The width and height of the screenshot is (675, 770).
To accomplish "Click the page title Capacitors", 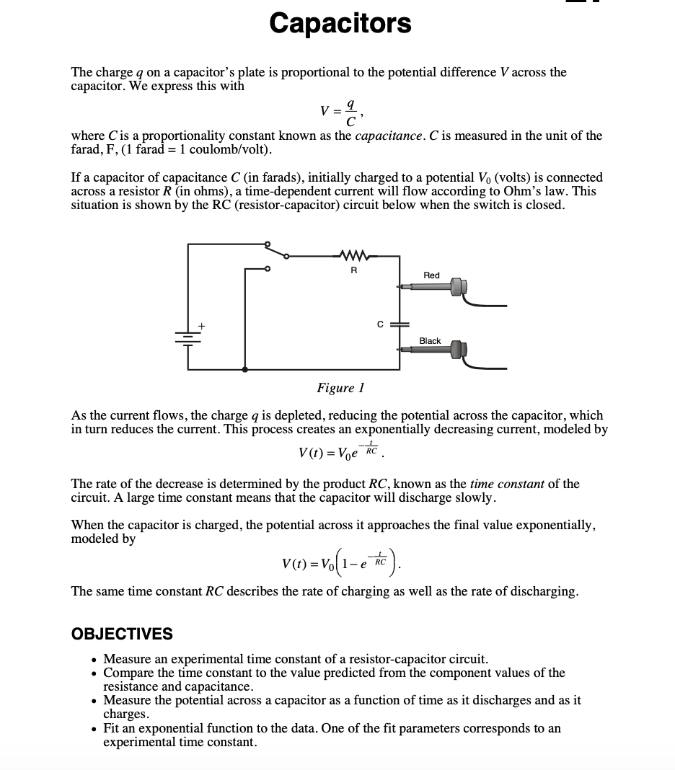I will pos(340,23).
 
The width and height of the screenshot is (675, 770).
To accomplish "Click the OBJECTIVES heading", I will pos(122,634).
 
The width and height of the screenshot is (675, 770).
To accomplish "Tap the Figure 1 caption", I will pos(340,388).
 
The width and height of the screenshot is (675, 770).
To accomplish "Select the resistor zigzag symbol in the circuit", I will pos(353,255).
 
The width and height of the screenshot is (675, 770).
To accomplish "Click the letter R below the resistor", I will pos(353,271).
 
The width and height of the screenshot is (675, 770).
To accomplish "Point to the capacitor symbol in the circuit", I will pos(400,324).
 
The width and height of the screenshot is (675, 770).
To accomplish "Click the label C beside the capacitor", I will pos(379,324).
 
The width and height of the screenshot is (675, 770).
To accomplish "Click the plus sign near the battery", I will pos(203,327).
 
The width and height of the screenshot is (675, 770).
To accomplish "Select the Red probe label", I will pos(431,275).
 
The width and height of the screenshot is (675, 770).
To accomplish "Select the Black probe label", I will pos(430,340).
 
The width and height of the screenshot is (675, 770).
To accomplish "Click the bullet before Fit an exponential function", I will pos(95,729).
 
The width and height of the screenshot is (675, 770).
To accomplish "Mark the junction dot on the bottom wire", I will pos(246,369).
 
